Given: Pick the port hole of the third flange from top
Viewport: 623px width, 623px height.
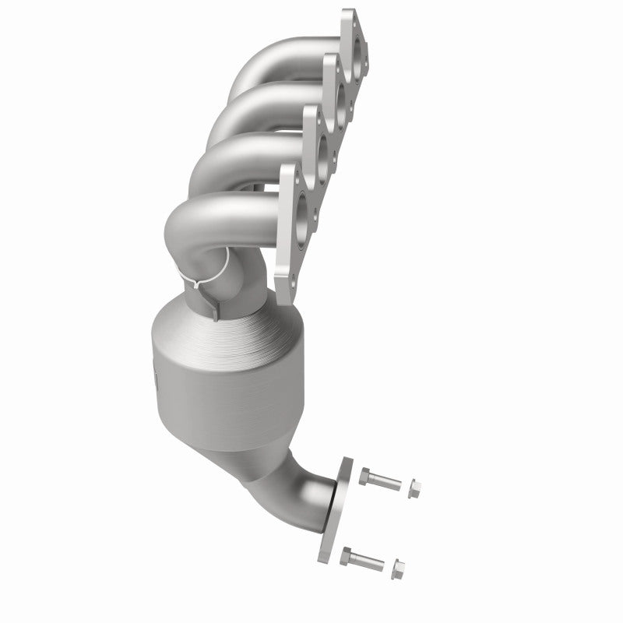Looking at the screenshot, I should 322,148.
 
